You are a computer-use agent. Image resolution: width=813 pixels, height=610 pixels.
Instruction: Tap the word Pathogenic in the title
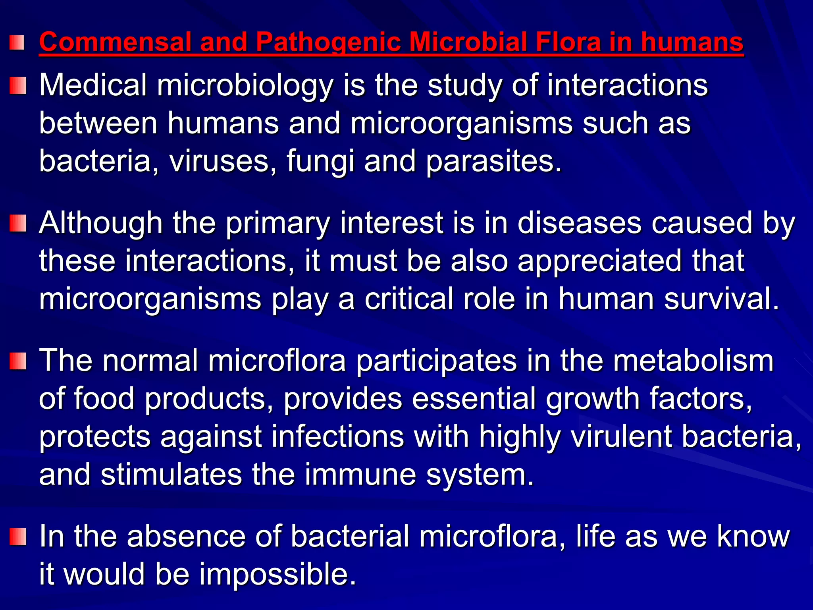coord(328,42)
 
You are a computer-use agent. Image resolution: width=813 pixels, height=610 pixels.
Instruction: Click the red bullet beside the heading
coord(17,42)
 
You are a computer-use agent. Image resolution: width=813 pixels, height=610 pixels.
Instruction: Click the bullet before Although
coord(18,223)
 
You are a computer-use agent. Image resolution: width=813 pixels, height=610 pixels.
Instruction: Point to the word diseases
coord(579,223)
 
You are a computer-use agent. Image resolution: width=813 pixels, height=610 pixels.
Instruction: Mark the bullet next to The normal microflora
coord(18,361)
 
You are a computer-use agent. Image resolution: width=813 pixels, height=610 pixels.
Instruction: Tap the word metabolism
coord(693,361)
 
